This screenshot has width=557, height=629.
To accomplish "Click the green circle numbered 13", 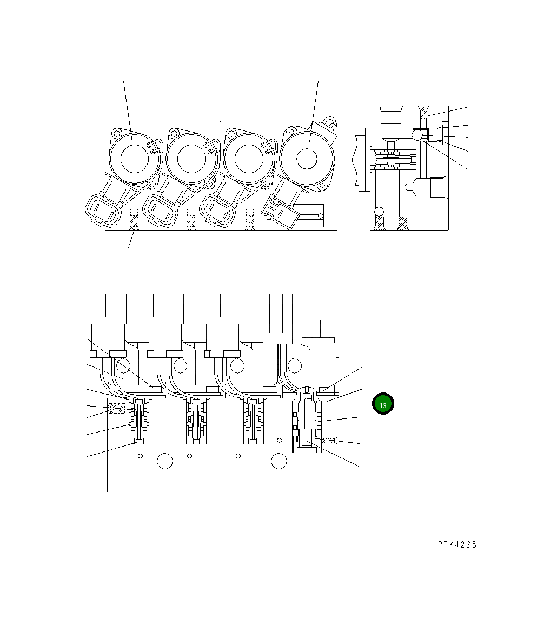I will click(383, 404).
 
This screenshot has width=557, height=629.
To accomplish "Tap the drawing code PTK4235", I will click(457, 545).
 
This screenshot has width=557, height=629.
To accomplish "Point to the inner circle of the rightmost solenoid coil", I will click(307, 159).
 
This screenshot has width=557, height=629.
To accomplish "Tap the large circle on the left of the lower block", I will click(164, 461).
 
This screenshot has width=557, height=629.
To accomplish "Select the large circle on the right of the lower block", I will click(278, 461).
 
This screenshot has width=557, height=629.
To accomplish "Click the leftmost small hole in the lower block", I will click(140, 456).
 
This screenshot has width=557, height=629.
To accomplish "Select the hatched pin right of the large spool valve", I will click(329, 441).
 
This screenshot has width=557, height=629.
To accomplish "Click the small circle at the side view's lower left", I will click(380, 211).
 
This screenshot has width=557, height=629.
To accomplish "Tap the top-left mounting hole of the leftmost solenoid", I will click(115, 132).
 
